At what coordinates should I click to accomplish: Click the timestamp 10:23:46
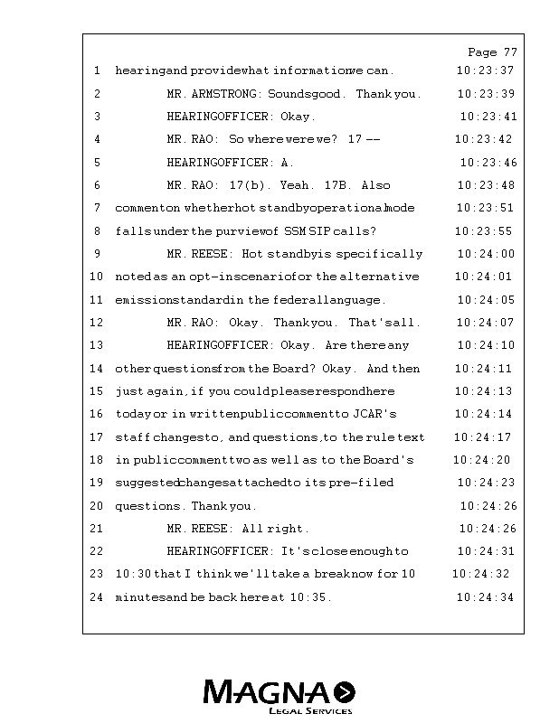pyautogui.click(x=488, y=163)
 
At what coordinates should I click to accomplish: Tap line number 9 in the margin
pyautogui.click(x=97, y=254)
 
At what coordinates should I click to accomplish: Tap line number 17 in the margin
pyautogui.click(x=97, y=437)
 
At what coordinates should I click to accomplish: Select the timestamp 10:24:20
pyautogui.click(x=481, y=460)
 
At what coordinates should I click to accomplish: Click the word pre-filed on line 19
pyautogui.click(x=361, y=483)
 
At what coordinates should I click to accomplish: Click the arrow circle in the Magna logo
pyautogui.click(x=345, y=692)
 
